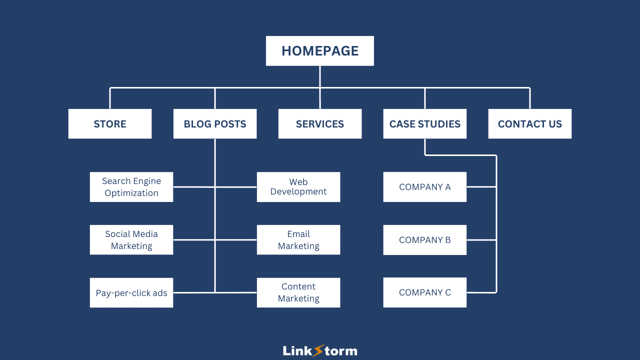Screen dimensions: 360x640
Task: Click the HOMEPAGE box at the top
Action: click(320, 51)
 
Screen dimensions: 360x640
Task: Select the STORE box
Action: click(110, 124)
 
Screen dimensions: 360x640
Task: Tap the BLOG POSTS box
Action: click(215, 124)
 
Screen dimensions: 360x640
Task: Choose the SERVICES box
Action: click(320, 124)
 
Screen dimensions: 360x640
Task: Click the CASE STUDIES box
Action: click(425, 124)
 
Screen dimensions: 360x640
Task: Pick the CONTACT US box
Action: click(530, 124)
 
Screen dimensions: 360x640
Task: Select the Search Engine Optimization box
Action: click(131, 187)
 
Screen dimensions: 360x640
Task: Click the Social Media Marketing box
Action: click(131, 240)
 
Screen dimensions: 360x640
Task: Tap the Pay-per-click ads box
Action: click(131, 293)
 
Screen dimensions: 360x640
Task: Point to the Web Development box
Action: click(298, 187)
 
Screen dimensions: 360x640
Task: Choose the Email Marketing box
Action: click(298, 240)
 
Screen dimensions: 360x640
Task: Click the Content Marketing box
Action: click(298, 293)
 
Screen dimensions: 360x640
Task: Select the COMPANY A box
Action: click(425, 187)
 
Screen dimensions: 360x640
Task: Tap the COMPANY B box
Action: click(425, 240)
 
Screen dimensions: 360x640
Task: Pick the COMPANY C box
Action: click(425, 293)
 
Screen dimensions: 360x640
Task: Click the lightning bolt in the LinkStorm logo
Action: click(318, 350)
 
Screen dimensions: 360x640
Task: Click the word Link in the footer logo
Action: click(297, 351)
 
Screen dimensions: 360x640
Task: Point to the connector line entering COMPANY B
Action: click(481, 240)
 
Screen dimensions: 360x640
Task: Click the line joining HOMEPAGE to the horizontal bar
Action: click(320, 77)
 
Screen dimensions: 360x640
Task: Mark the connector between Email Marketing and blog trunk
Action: click(236, 240)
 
